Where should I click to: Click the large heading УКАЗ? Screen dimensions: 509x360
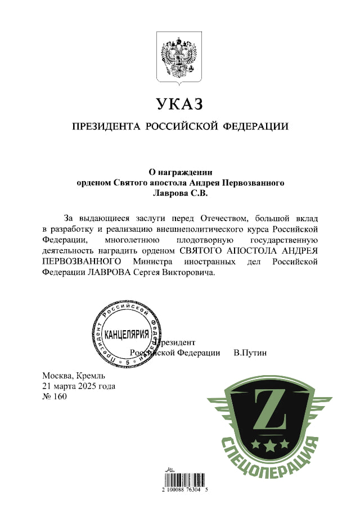179,105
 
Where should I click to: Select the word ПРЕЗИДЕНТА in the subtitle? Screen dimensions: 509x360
105,127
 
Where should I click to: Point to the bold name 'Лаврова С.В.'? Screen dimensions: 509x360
179,193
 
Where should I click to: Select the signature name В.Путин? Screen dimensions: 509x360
250,353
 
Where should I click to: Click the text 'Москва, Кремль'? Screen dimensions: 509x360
73,376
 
